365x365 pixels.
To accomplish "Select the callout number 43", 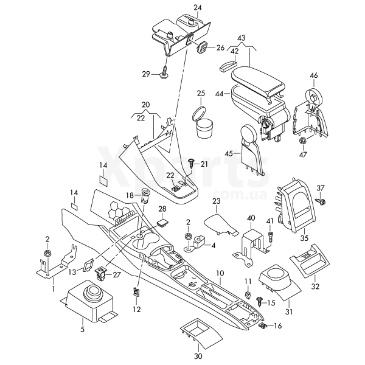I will coord(242,38).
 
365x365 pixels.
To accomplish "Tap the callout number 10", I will coord(220,274).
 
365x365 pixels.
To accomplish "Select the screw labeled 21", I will coord(191,163).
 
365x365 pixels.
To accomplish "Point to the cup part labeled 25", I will coord(203,125).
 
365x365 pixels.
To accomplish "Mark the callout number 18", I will coord(129,195).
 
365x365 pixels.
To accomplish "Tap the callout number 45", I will coord(229,154).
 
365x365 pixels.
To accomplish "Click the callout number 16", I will coord(279,327).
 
